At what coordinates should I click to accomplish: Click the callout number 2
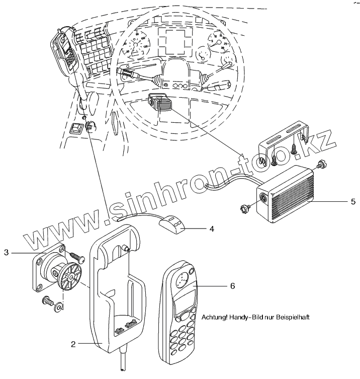(73, 344)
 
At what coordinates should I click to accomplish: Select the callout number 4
(212, 229)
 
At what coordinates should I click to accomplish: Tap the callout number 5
(353, 201)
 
